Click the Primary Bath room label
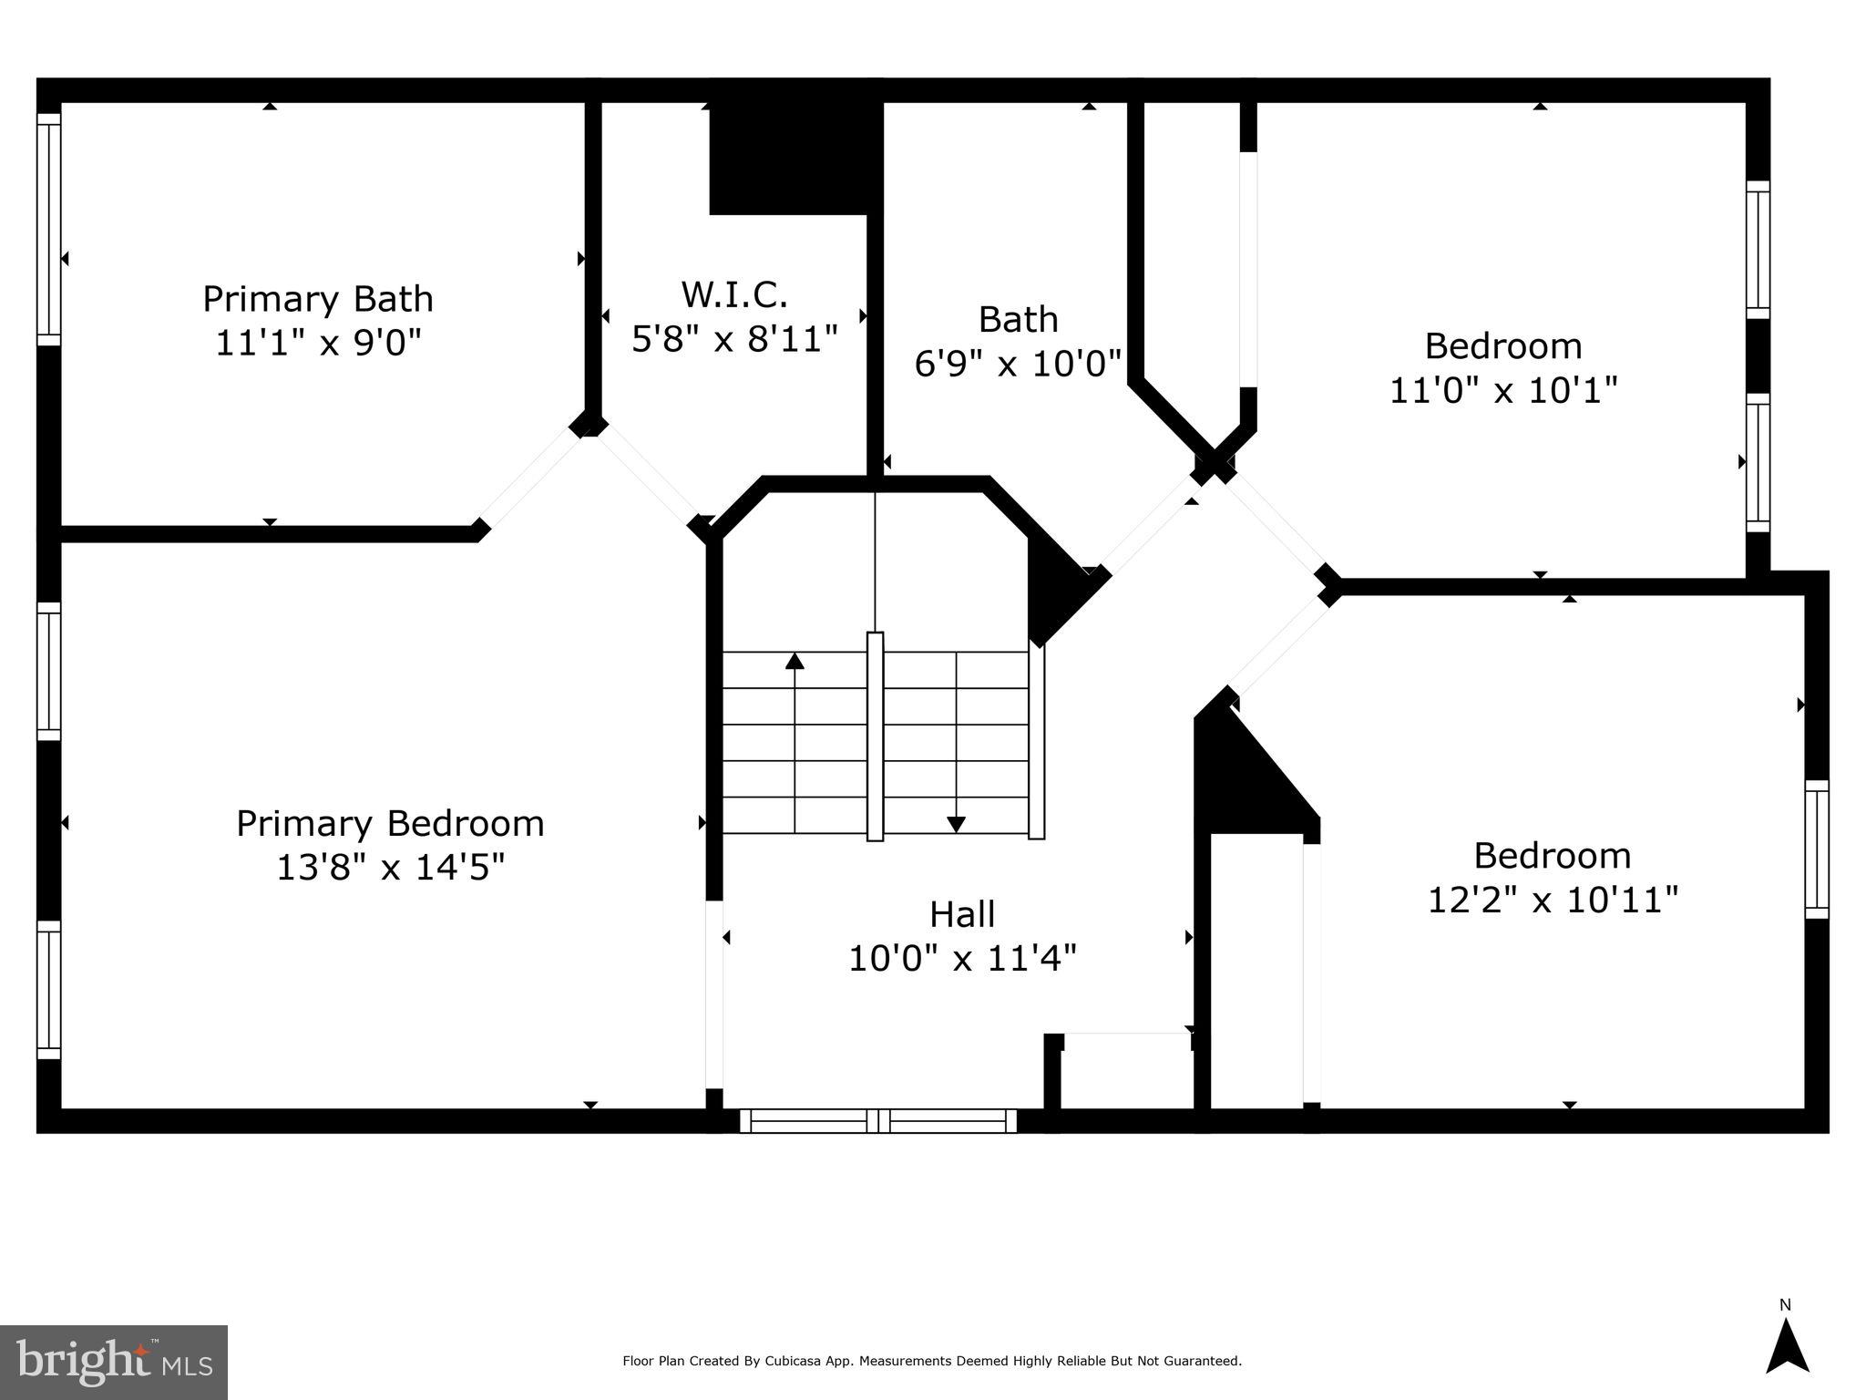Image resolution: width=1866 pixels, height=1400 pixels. (x=317, y=299)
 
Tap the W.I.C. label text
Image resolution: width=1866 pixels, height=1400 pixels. (x=734, y=294)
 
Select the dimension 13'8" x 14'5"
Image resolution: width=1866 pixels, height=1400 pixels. (x=390, y=867)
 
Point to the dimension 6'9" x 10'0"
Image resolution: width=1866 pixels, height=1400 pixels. (x=1018, y=364)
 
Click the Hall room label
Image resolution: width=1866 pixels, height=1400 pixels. (x=962, y=914)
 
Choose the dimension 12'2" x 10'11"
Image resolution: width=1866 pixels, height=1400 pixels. (x=1552, y=900)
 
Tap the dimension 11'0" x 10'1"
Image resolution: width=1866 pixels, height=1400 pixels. (x=1502, y=390)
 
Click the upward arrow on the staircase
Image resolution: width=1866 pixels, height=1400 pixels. (x=795, y=661)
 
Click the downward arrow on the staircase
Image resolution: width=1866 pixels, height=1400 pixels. (x=956, y=823)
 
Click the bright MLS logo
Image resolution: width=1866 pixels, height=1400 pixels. (x=114, y=1362)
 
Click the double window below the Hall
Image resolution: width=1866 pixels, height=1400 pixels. (x=878, y=1121)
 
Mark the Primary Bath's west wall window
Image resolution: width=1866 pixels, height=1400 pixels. (x=49, y=229)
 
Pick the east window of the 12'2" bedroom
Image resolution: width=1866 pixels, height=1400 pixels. (x=1817, y=849)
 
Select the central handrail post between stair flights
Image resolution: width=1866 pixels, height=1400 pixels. (x=875, y=736)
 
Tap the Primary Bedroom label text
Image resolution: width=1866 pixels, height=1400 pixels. (x=390, y=823)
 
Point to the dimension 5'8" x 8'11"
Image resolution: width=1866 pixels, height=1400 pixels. (x=734, y=339)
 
